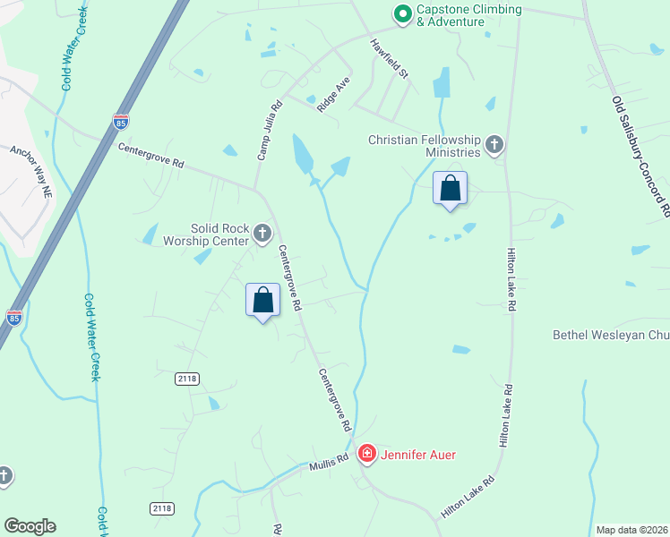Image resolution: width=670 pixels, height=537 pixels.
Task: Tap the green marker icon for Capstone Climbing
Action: pos(402,13)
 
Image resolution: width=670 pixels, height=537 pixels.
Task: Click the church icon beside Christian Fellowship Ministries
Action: pos(494,145)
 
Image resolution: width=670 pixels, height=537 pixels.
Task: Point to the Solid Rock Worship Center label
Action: pos(205,234)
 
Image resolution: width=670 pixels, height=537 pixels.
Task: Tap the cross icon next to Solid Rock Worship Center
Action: pos(262,234)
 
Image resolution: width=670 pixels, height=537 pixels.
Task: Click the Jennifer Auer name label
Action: pos(418,455)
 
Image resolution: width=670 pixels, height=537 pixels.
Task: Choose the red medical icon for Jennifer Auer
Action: pos(366,455)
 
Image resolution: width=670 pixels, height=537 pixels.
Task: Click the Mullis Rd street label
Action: pos(329,464)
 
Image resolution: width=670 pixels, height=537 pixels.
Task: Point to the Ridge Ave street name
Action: pos(332,93)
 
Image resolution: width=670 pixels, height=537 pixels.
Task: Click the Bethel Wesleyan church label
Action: pos(610,336)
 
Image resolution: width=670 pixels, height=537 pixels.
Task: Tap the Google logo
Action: pos(30,526)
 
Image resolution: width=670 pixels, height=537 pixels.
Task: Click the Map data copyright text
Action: pos(631,530)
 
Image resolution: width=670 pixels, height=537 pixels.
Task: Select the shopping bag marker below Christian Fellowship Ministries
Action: pos(450,189)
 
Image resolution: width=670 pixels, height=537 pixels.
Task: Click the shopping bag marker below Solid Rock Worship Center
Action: pos(263,300)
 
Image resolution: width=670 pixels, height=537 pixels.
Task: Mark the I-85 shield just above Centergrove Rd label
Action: pos(121,119)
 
